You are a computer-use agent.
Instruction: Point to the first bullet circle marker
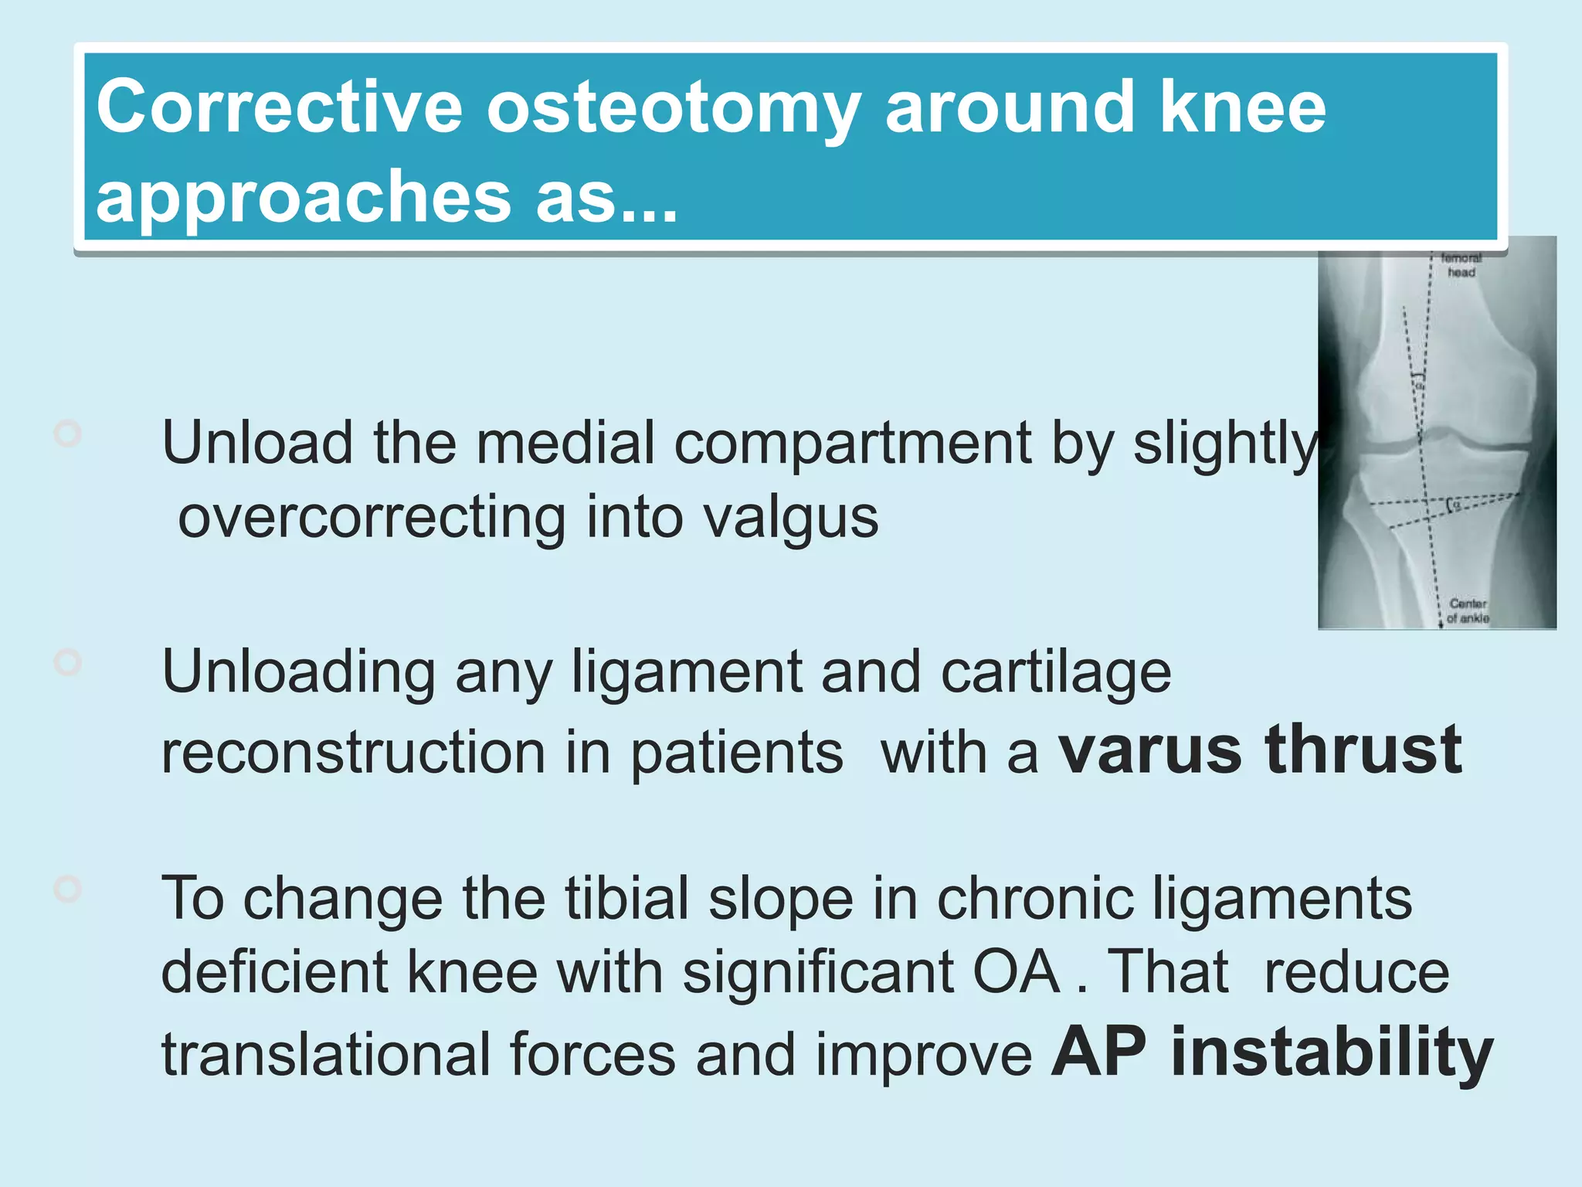click(x=68, y=434)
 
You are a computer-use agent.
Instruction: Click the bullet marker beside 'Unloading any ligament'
click(x=68, y=662)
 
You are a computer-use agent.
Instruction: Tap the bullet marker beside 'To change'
click(x=68, y=889)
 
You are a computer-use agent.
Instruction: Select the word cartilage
click(x=1056, y=672)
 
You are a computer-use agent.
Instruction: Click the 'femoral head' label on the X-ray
click(x=1461, y=265)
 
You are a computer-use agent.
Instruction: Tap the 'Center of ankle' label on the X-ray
click(x=1467, y=611)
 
